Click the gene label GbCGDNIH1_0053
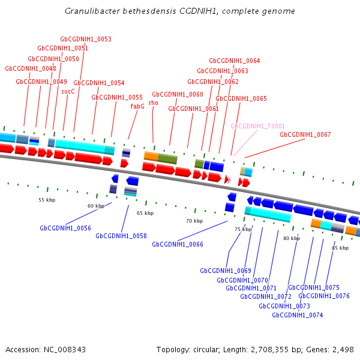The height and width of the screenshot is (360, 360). tap(86, 40)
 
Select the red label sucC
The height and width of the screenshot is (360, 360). tap(68, 92)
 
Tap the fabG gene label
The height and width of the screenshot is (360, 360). tap(137, 106)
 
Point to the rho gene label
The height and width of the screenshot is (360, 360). tap(153, 103)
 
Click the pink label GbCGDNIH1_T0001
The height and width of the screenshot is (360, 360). tap(258, 127)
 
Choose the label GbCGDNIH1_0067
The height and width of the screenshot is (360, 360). tap(305, 134)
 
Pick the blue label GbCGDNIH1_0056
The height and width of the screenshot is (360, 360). tap(65, 228)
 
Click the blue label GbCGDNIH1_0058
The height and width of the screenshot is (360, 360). tap(121, 236)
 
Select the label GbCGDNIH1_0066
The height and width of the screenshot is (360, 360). tap(178, 244)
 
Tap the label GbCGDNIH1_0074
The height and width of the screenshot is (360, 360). tap(298, 315)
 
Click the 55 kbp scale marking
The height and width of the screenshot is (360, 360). tap(47, 200)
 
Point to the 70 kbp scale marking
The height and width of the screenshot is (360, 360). tap(194, 221)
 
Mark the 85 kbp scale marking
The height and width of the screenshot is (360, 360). tap(340, 248)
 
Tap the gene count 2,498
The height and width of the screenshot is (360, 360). tap(342, 349)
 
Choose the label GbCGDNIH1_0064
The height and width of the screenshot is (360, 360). tap(235, 61)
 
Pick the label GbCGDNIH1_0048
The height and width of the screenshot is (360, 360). tap(31, 69)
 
